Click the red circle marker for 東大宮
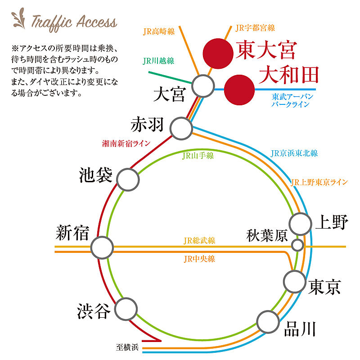218,54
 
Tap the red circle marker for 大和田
239,90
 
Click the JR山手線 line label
198,156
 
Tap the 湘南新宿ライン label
126,144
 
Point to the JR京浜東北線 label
294,153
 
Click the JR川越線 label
158,61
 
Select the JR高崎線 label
159,31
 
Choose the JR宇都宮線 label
255,28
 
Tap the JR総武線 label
199,241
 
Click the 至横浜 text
127,347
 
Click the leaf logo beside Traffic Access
19,19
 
